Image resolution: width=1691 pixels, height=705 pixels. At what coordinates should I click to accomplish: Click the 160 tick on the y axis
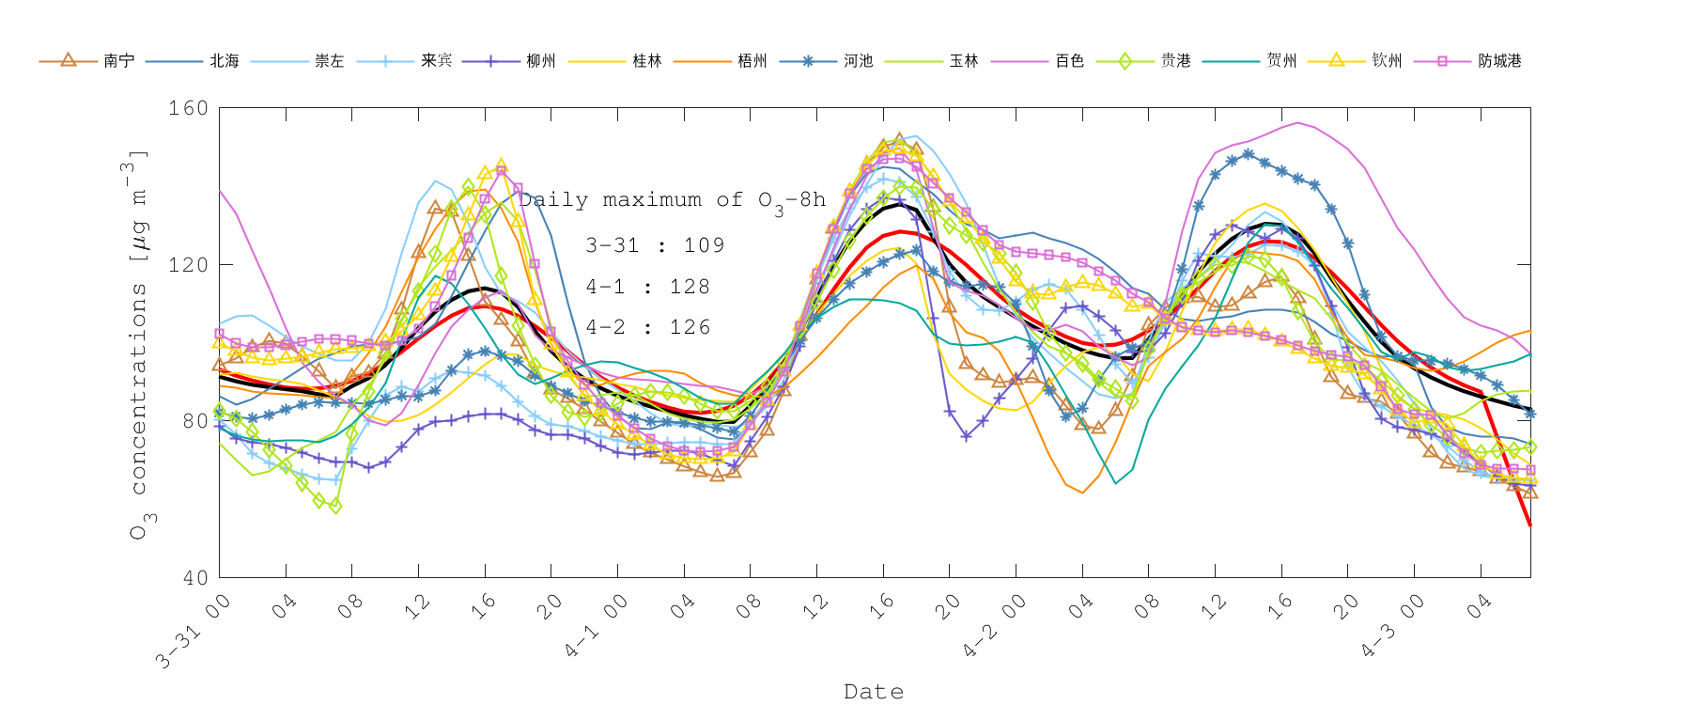[188, 108]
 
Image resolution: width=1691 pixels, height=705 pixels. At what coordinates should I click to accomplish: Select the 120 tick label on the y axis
[188, 264]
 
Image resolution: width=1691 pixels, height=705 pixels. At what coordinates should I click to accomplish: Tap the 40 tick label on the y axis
[194, 577]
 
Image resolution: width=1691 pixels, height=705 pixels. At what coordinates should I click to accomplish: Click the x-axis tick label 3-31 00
[193, 632]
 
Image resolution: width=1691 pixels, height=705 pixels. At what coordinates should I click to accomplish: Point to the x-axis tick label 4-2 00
[992, 626]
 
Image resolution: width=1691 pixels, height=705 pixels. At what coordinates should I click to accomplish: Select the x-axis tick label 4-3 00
[1389, 626]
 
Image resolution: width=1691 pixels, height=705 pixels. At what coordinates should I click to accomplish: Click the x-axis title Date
[874, 692]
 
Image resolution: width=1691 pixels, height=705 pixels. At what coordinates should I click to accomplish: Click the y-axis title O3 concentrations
[138, 343]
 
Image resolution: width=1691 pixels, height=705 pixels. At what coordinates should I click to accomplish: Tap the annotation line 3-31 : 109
[655, 245]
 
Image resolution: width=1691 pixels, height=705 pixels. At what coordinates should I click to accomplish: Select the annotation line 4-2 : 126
[648, 327]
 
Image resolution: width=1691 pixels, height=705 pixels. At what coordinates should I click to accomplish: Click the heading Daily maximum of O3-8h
[672, 200]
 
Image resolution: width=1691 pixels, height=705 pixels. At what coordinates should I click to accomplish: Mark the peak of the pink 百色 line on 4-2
[1297, 122]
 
